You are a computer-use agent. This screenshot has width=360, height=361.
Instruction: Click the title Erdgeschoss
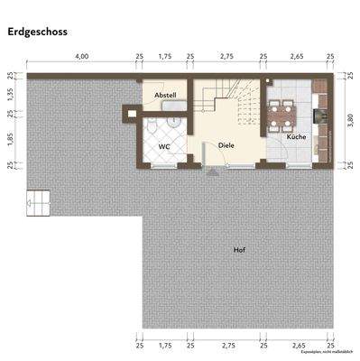coord(38,32)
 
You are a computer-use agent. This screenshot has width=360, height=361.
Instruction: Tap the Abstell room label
coord(165,95)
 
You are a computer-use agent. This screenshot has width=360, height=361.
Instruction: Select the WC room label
coord(164,145)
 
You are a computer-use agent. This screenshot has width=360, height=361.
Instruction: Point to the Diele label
coord(226,145)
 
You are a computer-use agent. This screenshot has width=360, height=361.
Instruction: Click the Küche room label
coord(296,137)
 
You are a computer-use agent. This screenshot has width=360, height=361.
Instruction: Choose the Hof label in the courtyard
coord(238,249)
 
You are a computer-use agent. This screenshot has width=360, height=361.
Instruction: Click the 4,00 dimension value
coord(81,56)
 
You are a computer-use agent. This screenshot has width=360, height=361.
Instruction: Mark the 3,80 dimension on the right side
coord(349,120)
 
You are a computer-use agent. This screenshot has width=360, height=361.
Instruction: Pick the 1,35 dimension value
coord(10,93)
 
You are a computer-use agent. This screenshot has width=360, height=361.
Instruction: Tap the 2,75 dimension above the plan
coord(227,56)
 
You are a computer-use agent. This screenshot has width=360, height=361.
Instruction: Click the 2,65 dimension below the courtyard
coord(297,344)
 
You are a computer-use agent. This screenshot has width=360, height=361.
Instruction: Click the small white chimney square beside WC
coord(131,114)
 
